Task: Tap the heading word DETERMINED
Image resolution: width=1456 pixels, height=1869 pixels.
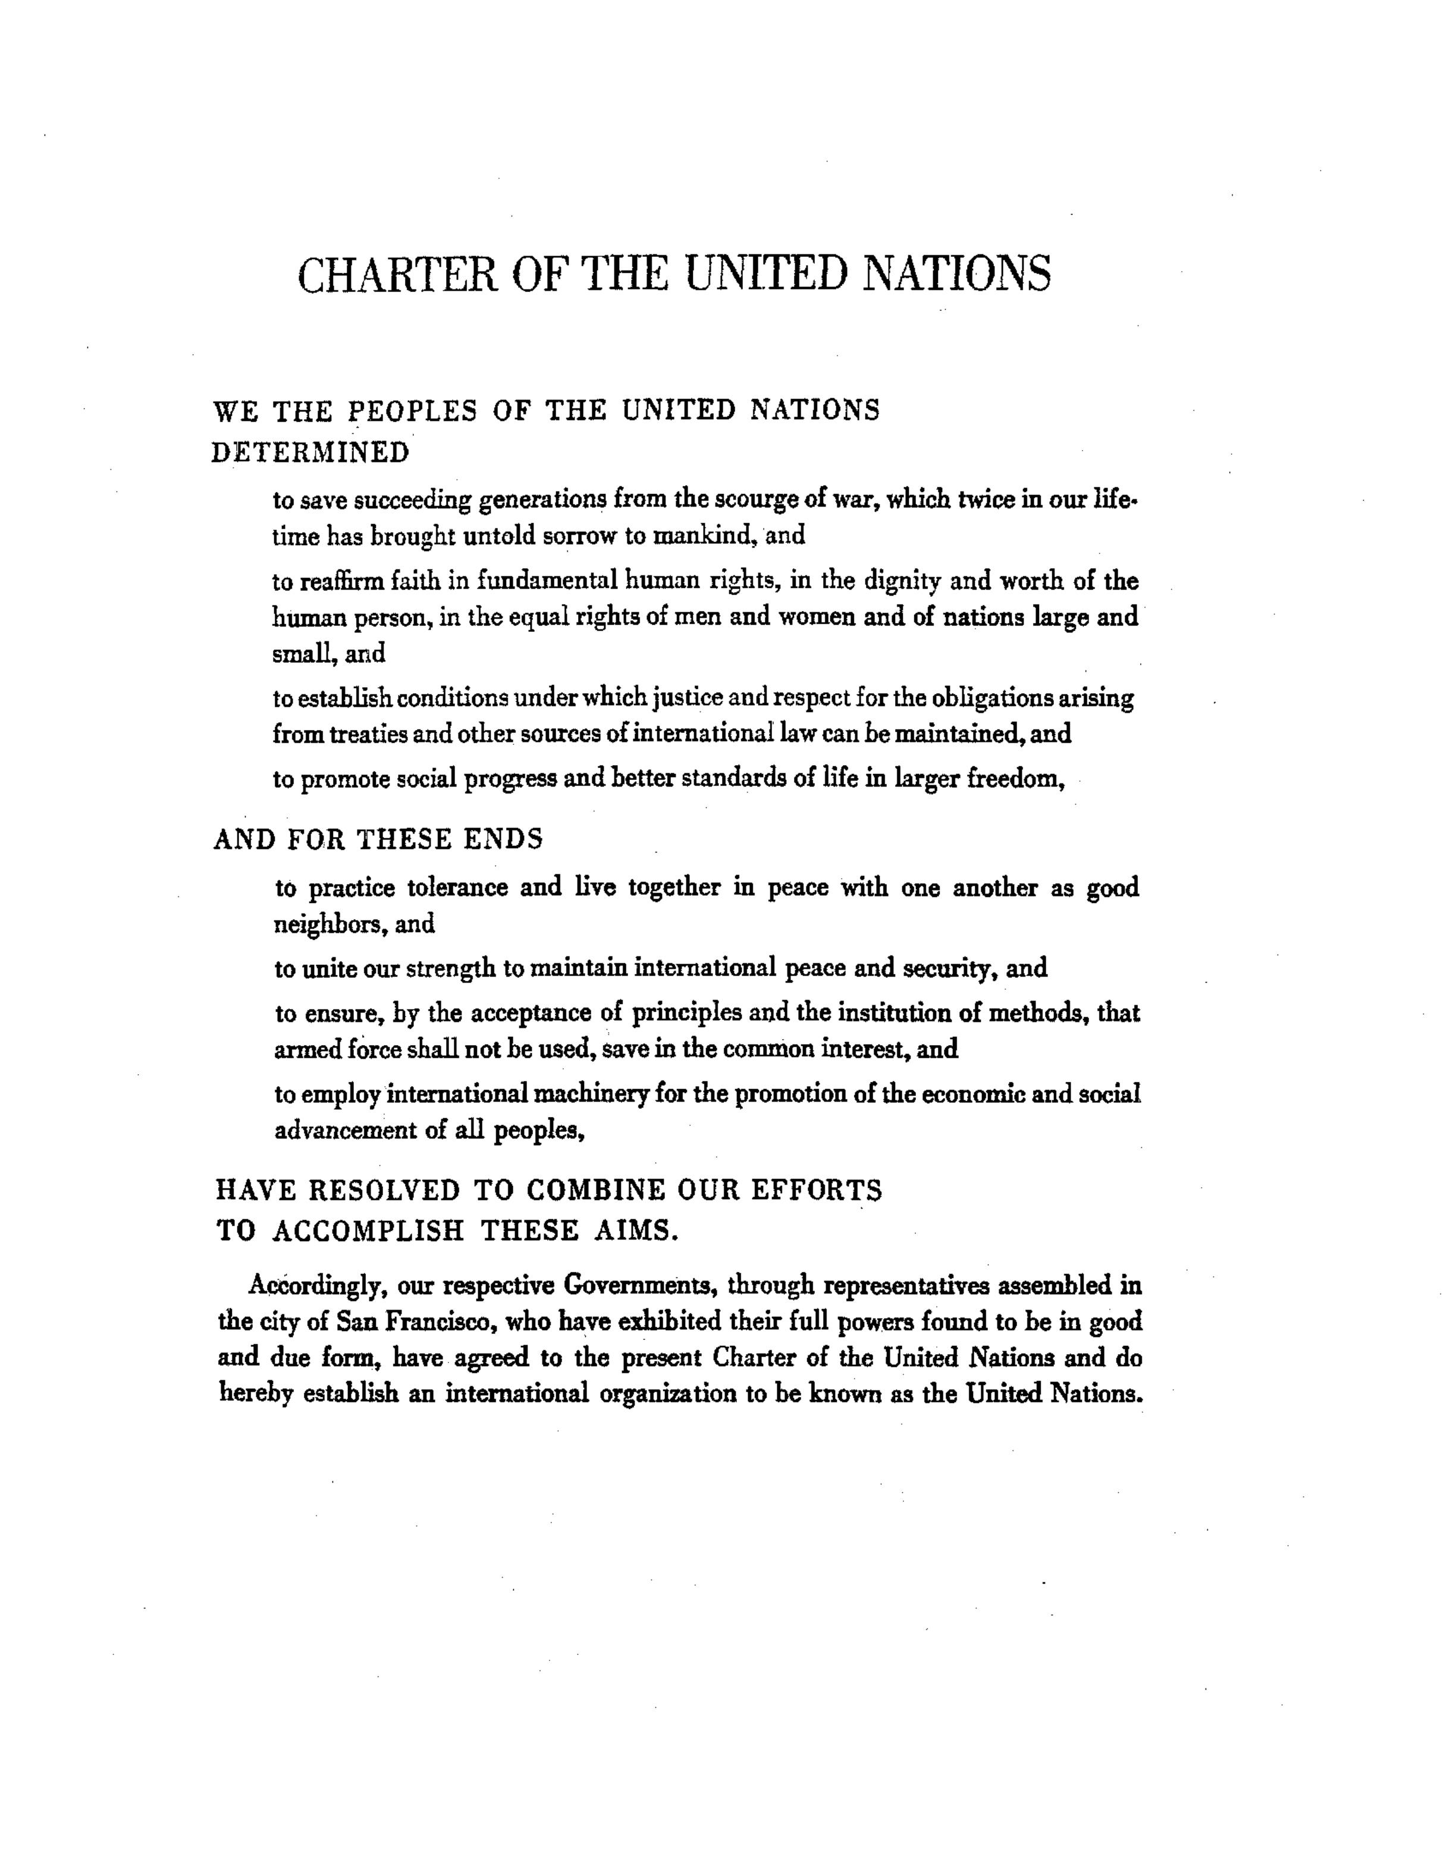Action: [x=310, y=453]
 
